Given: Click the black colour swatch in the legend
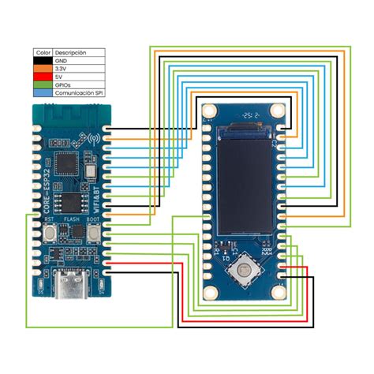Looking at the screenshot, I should point(42,61).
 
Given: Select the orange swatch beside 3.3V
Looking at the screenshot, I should point(42,69).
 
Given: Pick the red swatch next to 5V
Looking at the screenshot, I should point(42,77).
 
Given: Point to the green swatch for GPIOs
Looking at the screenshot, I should point(42,84).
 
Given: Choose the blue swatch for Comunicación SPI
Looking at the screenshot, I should point(42,92).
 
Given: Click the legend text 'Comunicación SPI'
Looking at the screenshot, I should point(79,92).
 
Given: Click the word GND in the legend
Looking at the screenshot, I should point(61,61).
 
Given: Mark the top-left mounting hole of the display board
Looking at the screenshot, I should point(211,110).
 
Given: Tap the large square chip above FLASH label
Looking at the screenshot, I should point(72,200).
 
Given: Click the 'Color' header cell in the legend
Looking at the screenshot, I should point(43,53).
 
